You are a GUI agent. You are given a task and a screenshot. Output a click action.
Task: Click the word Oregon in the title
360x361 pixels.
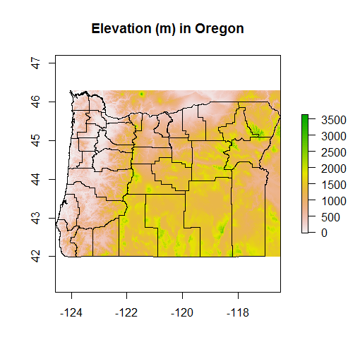[x=220, y=29]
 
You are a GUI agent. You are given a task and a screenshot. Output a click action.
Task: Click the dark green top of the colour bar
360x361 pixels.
[x=304, y=117]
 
